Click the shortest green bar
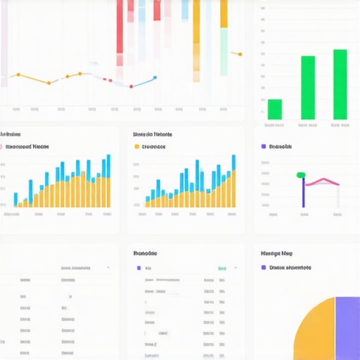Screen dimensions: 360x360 coord(275,109)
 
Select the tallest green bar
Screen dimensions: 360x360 coord(340,84)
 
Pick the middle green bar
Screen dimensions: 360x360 coord(308,88)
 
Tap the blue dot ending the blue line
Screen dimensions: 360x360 coord(155,78)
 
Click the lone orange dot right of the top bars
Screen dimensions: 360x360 coord(240,53)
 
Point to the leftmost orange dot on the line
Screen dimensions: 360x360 coord(18,75)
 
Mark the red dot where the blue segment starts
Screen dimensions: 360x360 coord(131,86)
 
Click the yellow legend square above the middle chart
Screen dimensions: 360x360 coord(136,147)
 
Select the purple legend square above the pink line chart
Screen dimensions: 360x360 coord(264,147)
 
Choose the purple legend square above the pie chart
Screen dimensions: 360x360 coord(264,267)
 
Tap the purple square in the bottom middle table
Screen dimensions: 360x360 coord(139,268)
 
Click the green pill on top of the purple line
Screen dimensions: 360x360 coord(301,175)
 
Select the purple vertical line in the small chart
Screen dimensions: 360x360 coord(303,193)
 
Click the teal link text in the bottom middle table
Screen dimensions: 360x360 coord(221,268)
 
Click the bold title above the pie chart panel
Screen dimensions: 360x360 coord(276,253)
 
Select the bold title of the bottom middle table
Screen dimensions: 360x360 coord(145,253)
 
